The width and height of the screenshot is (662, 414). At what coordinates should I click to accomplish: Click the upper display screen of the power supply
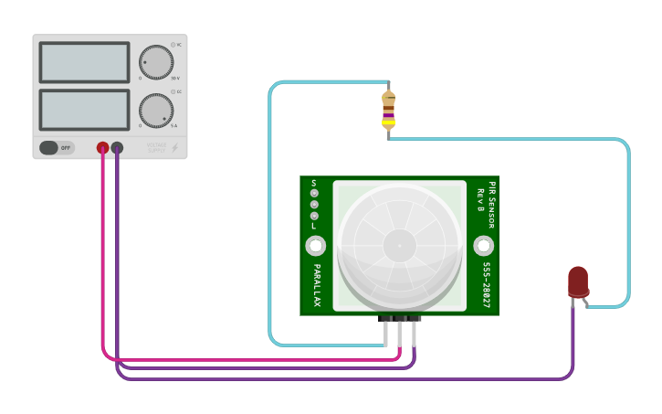[84, 62]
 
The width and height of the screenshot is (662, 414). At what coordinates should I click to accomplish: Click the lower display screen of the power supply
[84, 110]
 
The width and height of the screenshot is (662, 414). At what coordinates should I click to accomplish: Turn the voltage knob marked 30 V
[156, 62]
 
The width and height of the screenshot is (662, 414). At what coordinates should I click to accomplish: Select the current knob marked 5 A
[156, 111]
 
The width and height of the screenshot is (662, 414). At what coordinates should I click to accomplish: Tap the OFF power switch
[57, 147]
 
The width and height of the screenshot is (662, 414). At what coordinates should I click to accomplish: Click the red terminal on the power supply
[102, 147]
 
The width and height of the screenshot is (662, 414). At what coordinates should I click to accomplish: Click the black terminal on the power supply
[117, 147]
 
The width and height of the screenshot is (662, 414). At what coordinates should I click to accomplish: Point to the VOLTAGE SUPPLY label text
[157, 147]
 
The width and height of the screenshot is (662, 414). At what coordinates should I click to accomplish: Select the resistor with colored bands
[389, 110]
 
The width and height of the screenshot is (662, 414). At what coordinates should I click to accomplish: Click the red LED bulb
[578, 280]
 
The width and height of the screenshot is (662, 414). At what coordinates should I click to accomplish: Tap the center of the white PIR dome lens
[398, 245]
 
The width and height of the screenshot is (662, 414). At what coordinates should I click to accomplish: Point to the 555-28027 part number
[487, 285]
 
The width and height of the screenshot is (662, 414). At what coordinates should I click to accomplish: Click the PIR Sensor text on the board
[492, 203]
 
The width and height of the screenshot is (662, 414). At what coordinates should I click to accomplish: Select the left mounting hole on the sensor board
[316, 246]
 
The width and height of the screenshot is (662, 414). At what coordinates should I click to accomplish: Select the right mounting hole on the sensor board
[483, 246]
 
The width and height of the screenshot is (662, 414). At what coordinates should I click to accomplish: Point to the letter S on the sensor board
[314, 183]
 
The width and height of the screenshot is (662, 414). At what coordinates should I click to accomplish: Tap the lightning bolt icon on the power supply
[175, 147]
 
